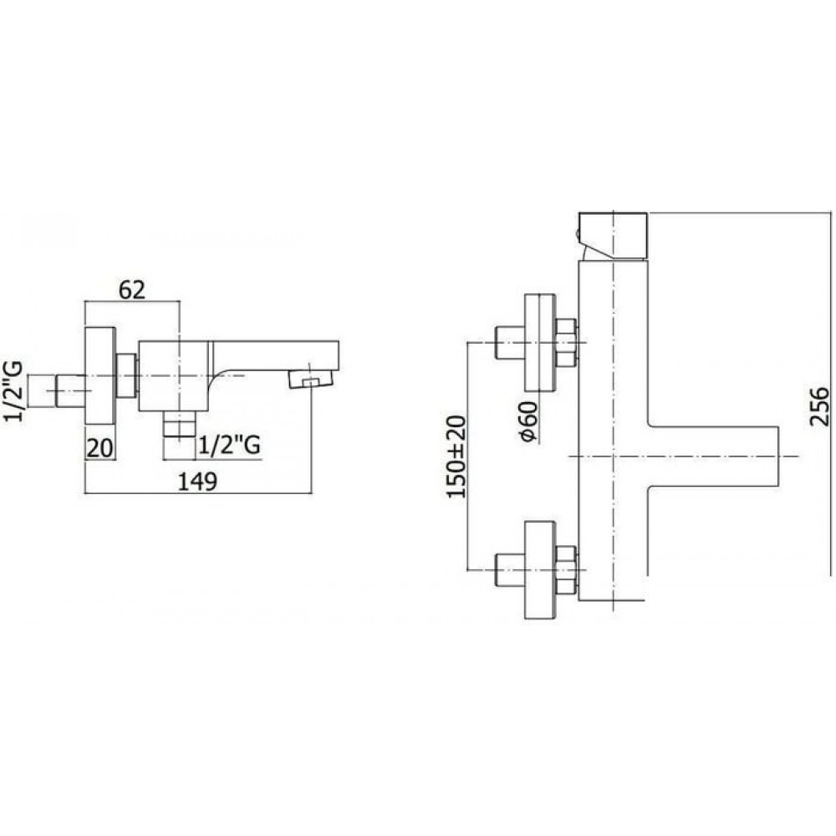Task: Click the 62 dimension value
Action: (x=132, y=290)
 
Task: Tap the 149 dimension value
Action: (x=197, y=482)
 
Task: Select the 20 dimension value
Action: (x=100, y=448)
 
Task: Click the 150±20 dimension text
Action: (x=456, y=456)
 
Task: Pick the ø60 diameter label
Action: (x=528, y=421)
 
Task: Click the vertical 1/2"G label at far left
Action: (x=14, y=390)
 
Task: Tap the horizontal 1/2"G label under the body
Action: (x=229, y=446)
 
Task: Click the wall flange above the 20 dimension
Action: (x=100, y=376)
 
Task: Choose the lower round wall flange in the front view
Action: (x=540, y=570)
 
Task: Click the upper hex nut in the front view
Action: (x=566, y=342)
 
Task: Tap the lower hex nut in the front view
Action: (x=566, y=569)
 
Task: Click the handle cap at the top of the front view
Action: (x=613, y=237)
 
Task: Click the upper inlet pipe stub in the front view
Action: (x=510, y=342)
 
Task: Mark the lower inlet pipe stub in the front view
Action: (x=510, y=570)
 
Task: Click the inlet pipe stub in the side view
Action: (x=71, y=390)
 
